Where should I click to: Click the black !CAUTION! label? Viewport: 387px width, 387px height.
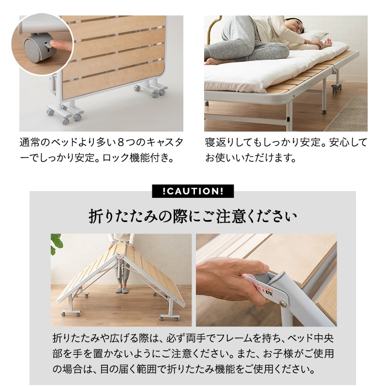coord(193,191)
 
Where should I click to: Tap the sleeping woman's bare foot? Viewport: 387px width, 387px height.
coord(211,61)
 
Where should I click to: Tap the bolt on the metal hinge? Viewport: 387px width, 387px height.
coord(283,304)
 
